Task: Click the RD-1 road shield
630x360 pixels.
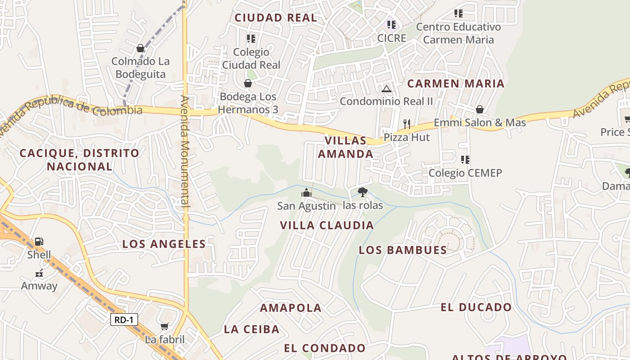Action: pyautogui.click(x=124, y=320)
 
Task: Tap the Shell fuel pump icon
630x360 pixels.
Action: pyautogui.click(x=39, y=242)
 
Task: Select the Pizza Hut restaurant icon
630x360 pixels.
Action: pyautogui.click(x=407, y=124)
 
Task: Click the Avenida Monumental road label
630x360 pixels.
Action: pyautogui.click(x=185, y=151)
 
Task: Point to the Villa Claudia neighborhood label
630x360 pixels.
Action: pyautogui.click(x=327, y=225)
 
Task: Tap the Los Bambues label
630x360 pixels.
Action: pyautogui.click(x=403, y=250)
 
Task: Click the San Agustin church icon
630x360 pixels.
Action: pyautogui.click(x=306, y=193)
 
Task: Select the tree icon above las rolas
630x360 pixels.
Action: pyautogui.click(x=362, y=192)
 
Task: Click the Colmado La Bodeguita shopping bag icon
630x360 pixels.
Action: pyautogui.click(x=140, y=48)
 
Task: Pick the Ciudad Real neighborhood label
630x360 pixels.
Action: pyautogui.click(x=276, y=18)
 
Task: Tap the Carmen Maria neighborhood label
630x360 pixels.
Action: pyautogui.click(x=456, y=84)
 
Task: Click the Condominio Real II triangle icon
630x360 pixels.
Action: pyautogui.click(x=386, y=89)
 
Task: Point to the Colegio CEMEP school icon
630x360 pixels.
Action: pyautogui.click(x=465, y=159)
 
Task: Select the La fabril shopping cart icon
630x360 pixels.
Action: pyautogui.click(x=165, y=326)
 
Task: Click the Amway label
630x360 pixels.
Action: pyautogui.click(x=39, y=286)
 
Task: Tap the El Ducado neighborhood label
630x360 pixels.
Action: pyautogui.click(x=476, y=307)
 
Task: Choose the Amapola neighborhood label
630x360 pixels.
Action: pyautogui.click(x=291, y=308)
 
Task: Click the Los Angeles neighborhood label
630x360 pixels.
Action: pyautogui.click(x=164, y=244)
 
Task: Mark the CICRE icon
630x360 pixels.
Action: pyautogui.click(x=391, y=24)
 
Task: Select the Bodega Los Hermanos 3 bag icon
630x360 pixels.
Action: pyautogui.click(x=247, y=83)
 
